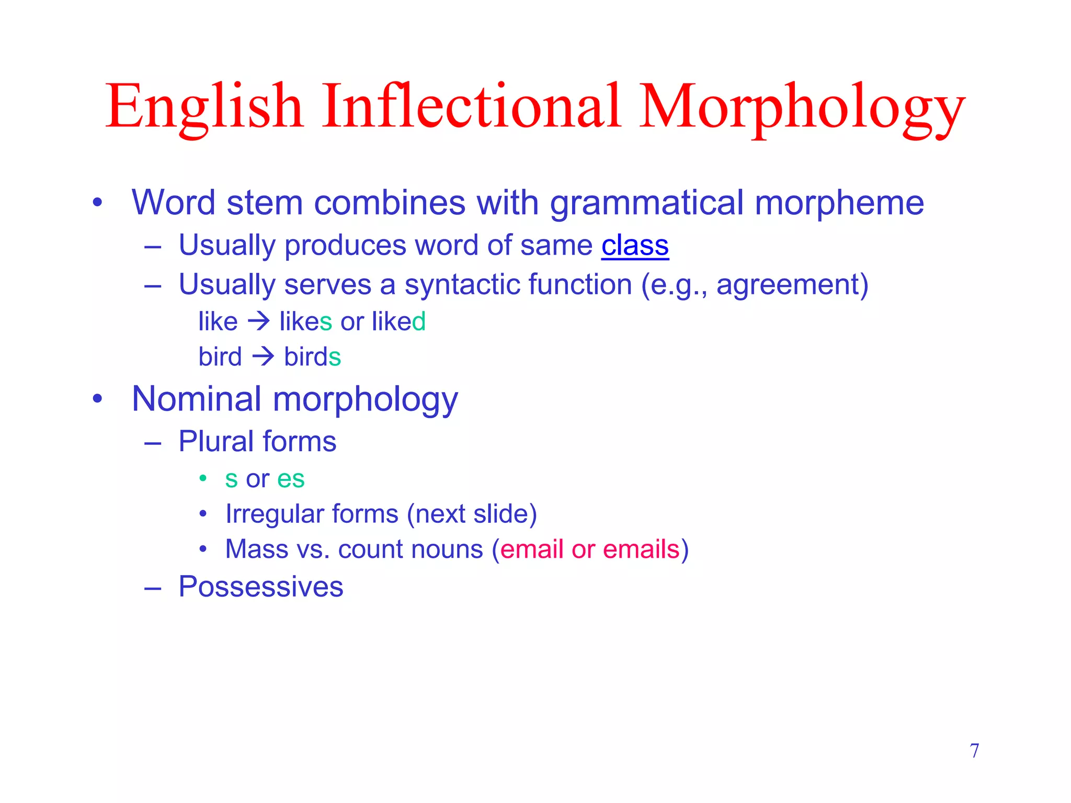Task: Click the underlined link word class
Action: click(x=635, y=246)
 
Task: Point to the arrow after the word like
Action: click(x=259, y=321)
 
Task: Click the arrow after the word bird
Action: click(x=263, y=357)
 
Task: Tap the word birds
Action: click(x=312, y=357)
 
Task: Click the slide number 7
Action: click(x=974, y=751)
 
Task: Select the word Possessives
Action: click(x=261, y=587)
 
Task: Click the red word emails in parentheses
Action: click(x=641, y=549)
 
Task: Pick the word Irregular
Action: click(x=274, y=514)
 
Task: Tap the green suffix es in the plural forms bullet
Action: click(x=291, y=479)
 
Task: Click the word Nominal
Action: click(x=197, y=399)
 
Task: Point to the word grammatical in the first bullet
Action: click(x=646, y=203)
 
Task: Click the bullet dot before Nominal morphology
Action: click(x=97, y=399)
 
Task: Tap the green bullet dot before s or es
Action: click(x=203, y=478)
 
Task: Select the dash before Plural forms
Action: click(x=152, y=443)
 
